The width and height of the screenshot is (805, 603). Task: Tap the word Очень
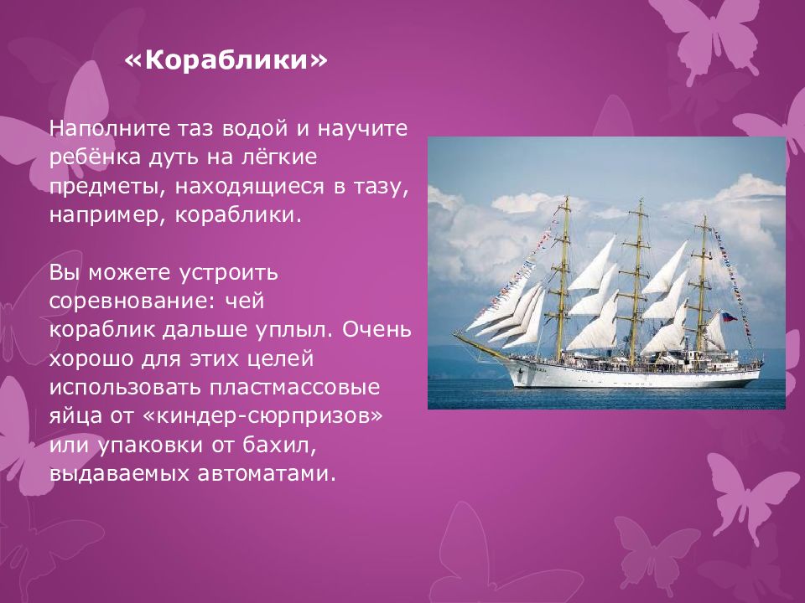(x=378, y=327)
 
